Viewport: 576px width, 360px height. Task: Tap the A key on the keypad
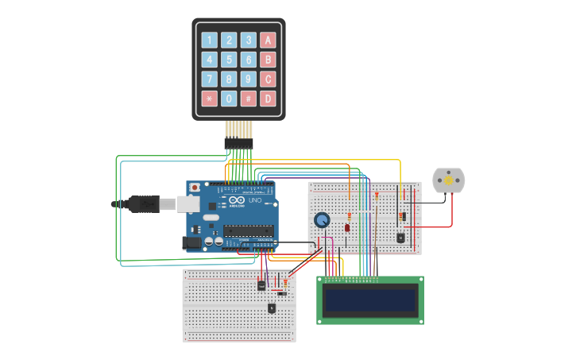[x=268, y=40]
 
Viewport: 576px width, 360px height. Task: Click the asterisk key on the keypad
[x=209, y=99]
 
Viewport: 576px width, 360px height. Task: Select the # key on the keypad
[x=248, y=99]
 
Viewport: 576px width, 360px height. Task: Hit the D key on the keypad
[x=268, y=99]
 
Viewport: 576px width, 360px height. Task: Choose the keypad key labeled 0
[x=229, y=99]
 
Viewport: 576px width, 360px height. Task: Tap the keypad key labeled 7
[x=209, y=79]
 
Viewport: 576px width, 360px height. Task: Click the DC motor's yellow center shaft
[x=448, y=181]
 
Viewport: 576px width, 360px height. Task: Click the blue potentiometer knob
[x=322, y=220]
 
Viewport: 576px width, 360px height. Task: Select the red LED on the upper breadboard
[x=347, y=227]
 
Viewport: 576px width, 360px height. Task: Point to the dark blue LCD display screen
[x=369, y=300]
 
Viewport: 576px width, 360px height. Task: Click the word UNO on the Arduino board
[x=255, y=200]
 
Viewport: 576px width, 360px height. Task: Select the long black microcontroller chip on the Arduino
[x=248, y=231]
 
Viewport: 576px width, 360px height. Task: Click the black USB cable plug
[x=144, y=204]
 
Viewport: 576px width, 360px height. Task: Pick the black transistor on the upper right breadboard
[x=400, y=237]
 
